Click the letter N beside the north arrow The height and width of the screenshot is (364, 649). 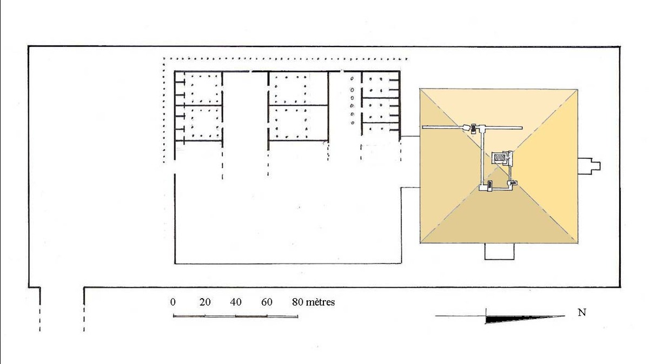click(x=582, y=313)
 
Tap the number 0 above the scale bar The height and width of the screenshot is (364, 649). click(x=173, y=302)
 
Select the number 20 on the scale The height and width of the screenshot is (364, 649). click(x=205, y=302)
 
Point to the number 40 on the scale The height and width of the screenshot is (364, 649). click(x=236, y=302)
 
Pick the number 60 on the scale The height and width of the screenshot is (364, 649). click(x=267, y=302)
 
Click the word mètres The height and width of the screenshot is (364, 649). click(x=320, y=302)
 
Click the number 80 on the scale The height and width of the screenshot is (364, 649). click(x=297, y=302)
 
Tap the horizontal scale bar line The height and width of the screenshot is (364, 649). click(x=236, y=316)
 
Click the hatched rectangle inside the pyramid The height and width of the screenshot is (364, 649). click(x=500, y=158)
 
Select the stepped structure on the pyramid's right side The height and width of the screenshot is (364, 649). click(x=589, y=166)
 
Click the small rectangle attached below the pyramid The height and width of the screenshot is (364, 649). click(x=500, y=252)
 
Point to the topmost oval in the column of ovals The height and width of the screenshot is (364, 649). click(x=352, y=79)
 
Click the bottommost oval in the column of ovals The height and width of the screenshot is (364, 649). click(x=353, y=123)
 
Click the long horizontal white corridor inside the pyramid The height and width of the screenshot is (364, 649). click(x=472, y=127)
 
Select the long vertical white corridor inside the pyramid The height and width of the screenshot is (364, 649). click(x=482, y=158)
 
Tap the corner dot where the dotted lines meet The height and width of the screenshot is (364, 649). click(x=164, y=59)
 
